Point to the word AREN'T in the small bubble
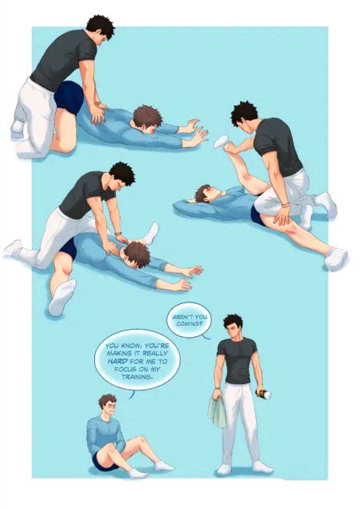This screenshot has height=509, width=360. (x=182, y=316)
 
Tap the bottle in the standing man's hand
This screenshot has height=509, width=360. (x=263, y=394)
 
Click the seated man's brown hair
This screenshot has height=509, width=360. (x=107, y=401)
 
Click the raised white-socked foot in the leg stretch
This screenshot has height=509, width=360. (x=222, y=142)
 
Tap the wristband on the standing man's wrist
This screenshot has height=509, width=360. (x=217, y=388)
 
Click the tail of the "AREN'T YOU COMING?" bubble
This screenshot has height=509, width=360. (x=206, y=336)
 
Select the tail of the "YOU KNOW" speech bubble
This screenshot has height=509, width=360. (x=131, y=395)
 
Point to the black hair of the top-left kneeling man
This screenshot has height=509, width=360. (x=101, y=26)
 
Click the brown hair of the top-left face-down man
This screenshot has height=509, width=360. (x=147, y=116)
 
